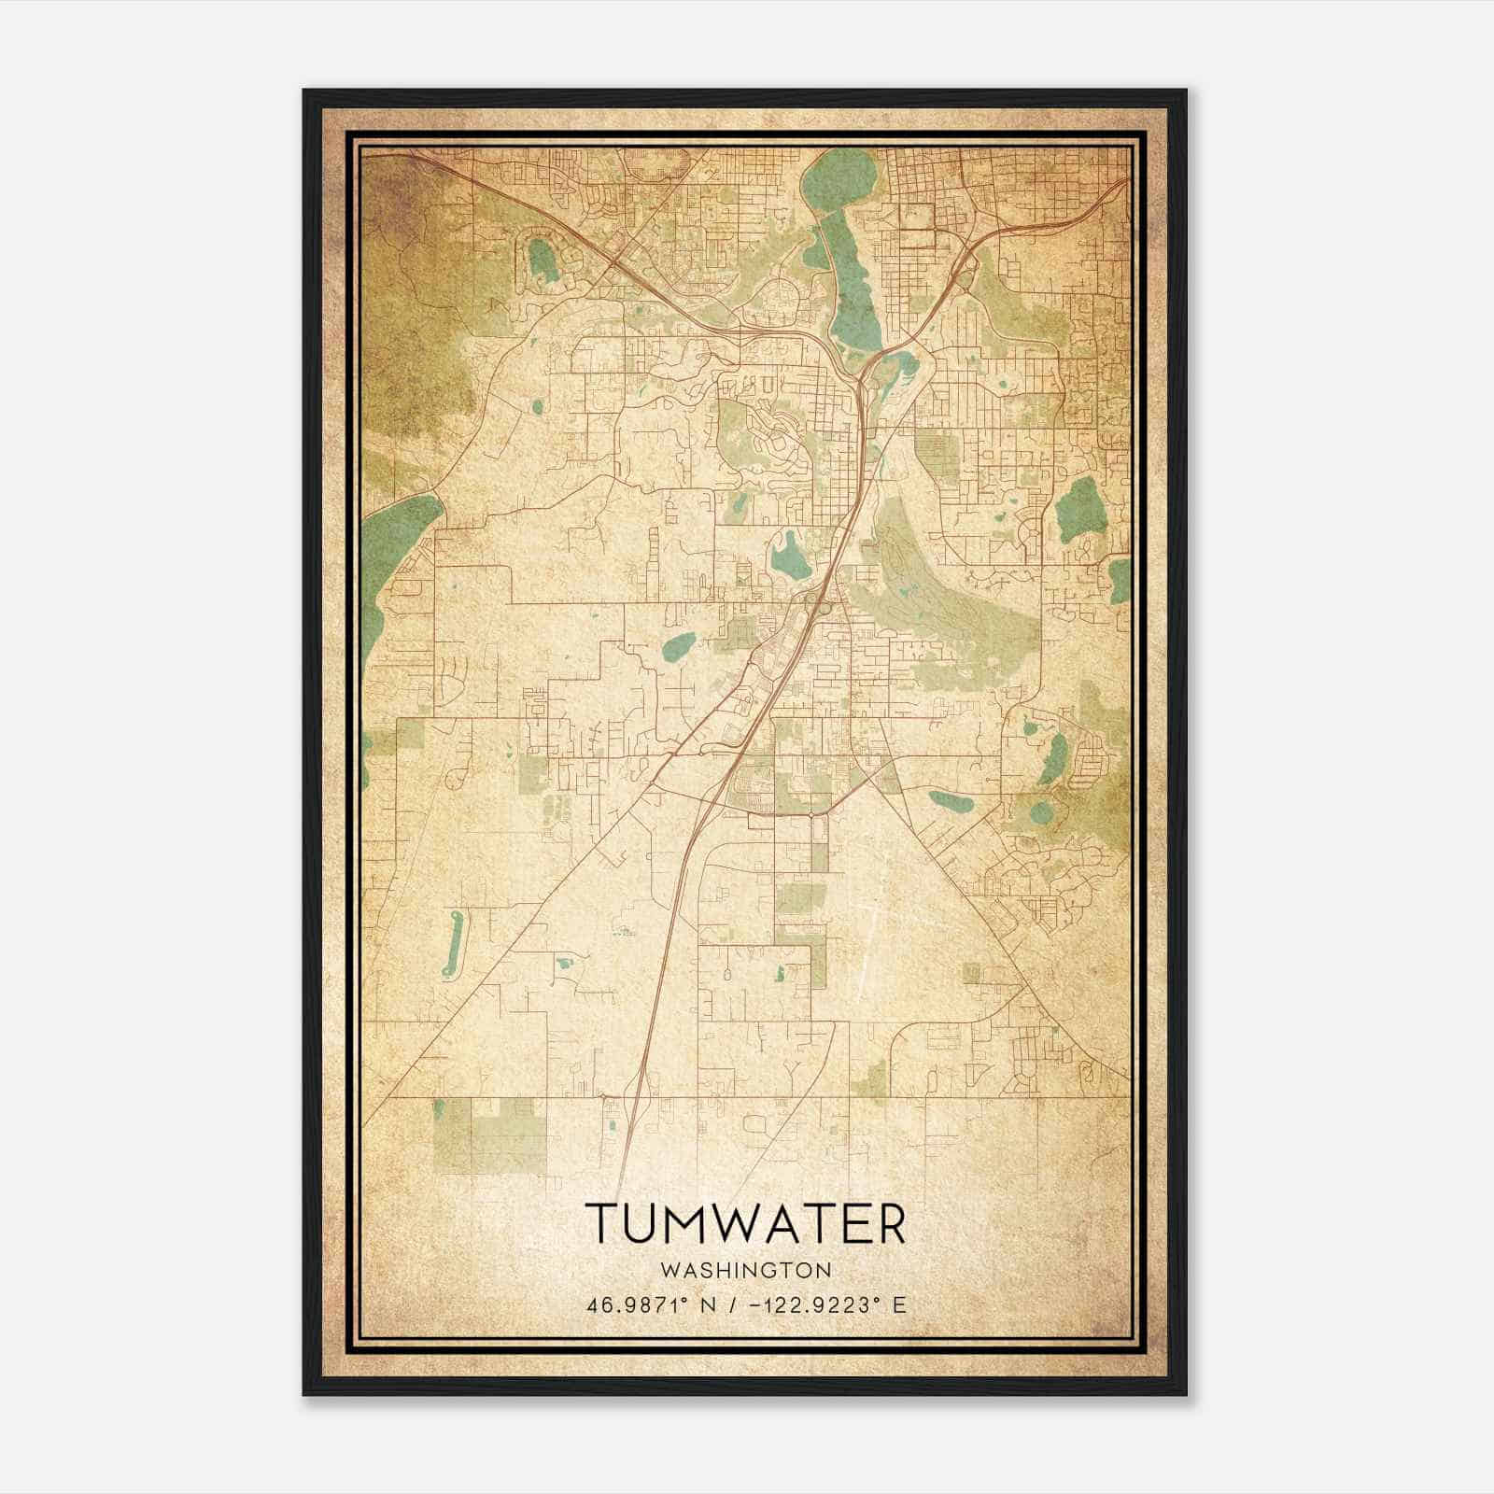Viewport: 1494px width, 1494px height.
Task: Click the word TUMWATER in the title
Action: pos(745,1223)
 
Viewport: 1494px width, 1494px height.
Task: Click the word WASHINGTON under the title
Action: pos(745,1270)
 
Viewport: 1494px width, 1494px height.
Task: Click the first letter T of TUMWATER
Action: pos(598,1223)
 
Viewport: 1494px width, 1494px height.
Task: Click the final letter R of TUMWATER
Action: pos(892,1223)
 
